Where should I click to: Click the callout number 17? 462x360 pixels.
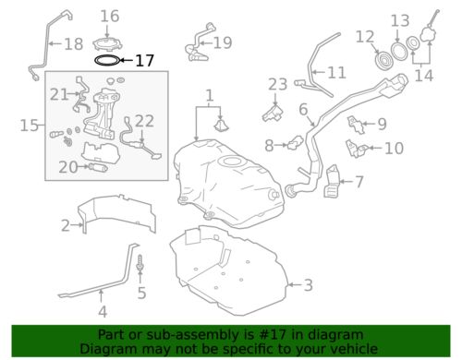(145, 62)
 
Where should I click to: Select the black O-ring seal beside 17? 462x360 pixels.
(108, 62)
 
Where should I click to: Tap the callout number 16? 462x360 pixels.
(110, 16)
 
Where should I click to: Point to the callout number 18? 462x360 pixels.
(72, 43)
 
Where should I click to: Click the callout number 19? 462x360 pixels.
(222, 42)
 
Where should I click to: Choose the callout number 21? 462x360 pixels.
(59, 94)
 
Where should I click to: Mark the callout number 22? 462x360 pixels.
(144, 120)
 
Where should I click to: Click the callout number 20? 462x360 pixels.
(68, 167)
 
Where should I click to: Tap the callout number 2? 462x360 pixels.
(66, 224)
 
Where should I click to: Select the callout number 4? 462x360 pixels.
(103, 311)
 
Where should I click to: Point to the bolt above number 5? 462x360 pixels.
(140, 265)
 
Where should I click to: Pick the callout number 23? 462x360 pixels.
(278, 85)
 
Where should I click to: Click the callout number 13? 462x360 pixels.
(399, 19)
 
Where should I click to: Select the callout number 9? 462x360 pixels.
(381, 124)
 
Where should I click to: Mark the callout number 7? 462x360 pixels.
(359, 182)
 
